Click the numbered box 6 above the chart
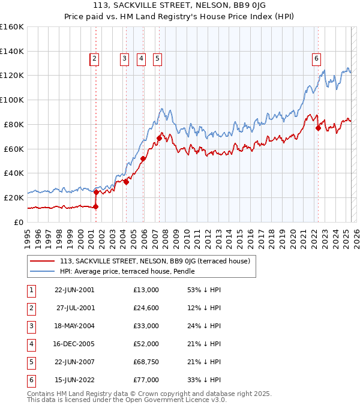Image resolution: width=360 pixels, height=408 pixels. coord(316,58)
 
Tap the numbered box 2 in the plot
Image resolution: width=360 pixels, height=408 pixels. coord(95,58)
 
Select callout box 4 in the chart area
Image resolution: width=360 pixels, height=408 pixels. coord(141,58)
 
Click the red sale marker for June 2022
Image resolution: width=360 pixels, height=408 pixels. coord(318,128)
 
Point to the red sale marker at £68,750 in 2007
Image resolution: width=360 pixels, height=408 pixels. coord(159,138)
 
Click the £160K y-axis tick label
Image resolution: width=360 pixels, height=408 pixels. coord(12,27)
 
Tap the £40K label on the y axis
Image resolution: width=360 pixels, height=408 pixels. coord(14,173)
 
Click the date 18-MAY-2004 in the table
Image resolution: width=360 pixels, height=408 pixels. coord(74,326)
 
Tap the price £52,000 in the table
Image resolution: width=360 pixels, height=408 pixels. coord(146,344)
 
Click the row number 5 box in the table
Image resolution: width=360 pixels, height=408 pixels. coord(31,362)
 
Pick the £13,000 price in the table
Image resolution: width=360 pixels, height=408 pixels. coord(146,290)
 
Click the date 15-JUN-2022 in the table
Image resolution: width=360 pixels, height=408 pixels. coord(74,380)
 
